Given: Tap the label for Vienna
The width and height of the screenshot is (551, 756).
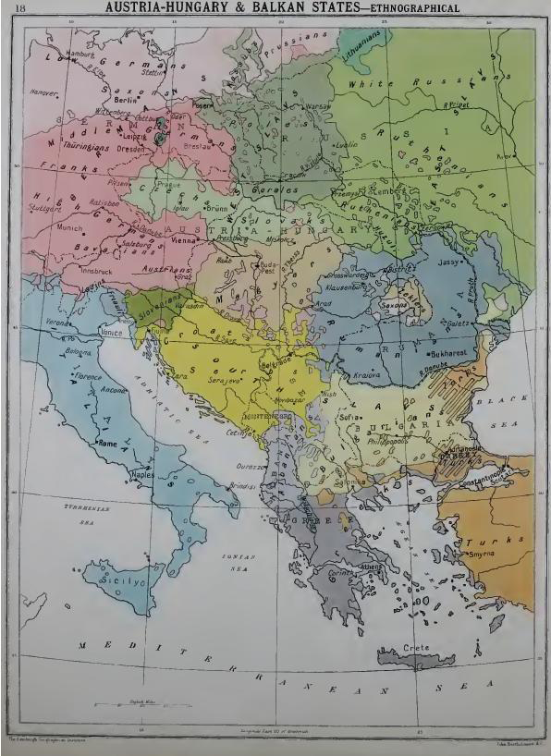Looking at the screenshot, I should pyautogui.click(x=185, y=238).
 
